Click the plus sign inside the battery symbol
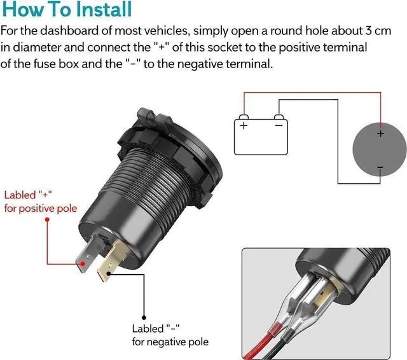coord(244,126)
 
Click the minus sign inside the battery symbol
coord(279,126)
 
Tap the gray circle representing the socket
coord(380,151)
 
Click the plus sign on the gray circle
coord(380,134)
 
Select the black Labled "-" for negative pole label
coord(169,335)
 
